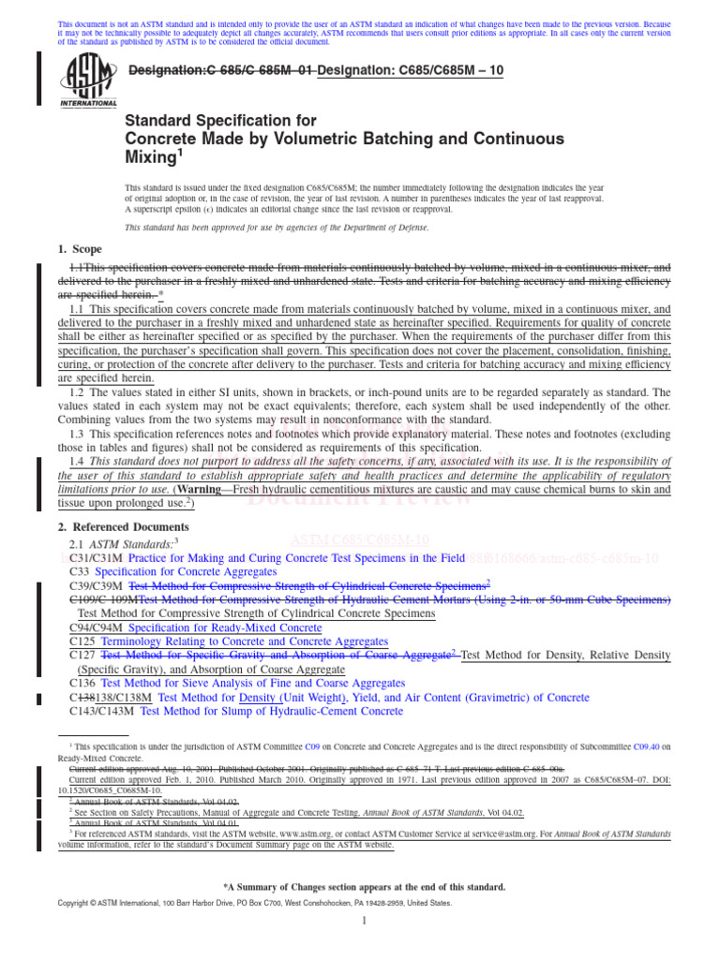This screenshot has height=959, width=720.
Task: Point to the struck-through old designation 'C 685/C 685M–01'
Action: coord(221,71)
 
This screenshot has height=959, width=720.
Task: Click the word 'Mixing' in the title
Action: coord(155,157)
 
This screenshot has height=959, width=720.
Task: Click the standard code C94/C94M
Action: coord(97,627)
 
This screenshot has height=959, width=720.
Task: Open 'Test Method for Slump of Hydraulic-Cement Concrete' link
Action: coord(271,711)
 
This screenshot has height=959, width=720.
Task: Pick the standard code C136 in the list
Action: coord(82,683)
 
